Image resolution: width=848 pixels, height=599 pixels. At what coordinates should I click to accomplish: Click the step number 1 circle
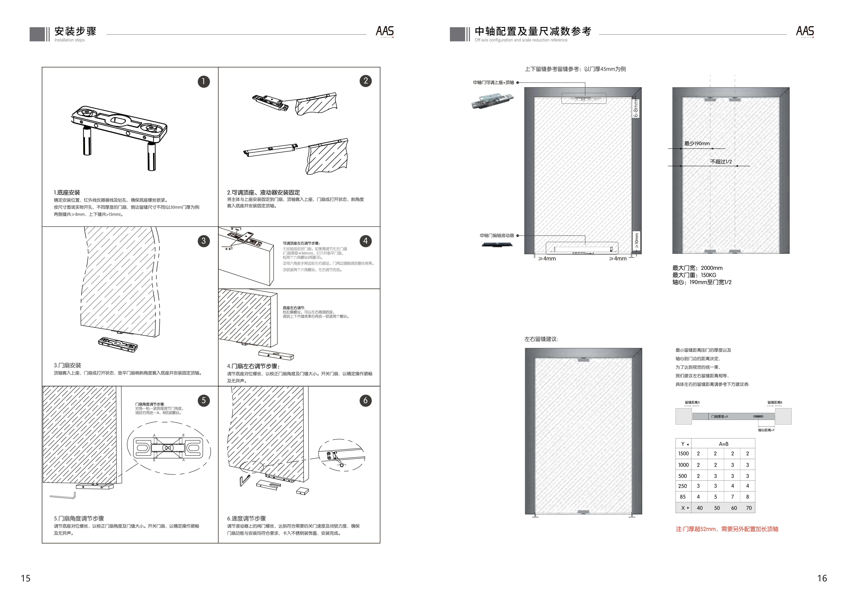coord(204,82)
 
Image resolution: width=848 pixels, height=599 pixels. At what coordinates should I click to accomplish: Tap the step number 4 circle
coord(365,241)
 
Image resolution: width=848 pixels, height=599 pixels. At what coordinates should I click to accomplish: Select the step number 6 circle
coord(365,400)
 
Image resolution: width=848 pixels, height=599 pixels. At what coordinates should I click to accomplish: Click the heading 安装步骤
coord(75,31)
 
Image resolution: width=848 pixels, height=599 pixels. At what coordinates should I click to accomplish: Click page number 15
coord(26,578)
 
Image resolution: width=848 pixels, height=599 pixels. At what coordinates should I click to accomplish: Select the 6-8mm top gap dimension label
coord(636,108)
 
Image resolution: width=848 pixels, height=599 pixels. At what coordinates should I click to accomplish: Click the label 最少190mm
coord(697,144)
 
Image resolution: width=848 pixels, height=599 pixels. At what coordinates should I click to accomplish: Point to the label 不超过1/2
coord(721,162)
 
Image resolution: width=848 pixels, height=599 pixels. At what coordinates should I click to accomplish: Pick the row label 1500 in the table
coord(683,454)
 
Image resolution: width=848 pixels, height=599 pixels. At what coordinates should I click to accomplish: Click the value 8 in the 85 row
coord(748,497)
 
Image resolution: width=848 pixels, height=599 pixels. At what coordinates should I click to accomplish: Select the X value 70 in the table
coord(749,508)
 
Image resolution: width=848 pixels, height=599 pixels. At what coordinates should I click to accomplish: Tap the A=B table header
coord(724,444)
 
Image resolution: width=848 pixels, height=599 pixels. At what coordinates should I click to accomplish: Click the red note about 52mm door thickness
coord(727,529)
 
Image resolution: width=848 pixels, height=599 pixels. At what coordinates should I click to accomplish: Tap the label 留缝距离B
coord(775,402)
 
